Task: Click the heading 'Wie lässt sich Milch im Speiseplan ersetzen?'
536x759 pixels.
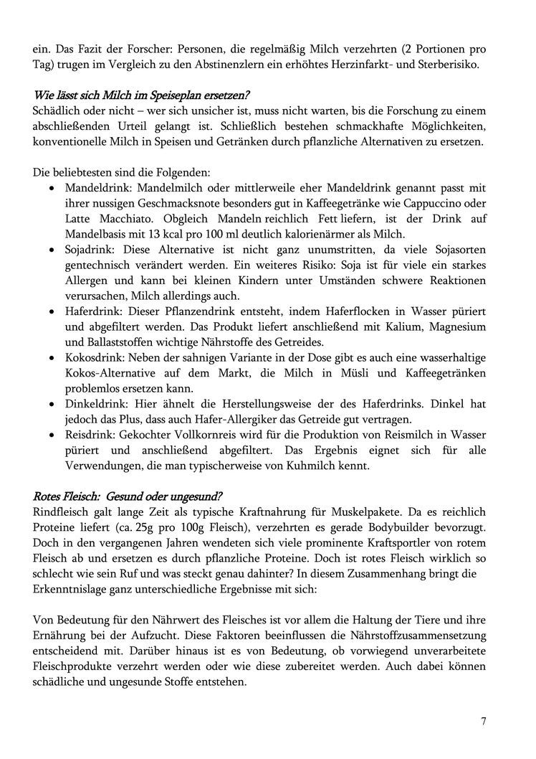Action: point(142,95)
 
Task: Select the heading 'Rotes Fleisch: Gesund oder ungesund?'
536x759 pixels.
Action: point(128,496)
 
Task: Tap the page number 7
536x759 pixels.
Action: point(484,721)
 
